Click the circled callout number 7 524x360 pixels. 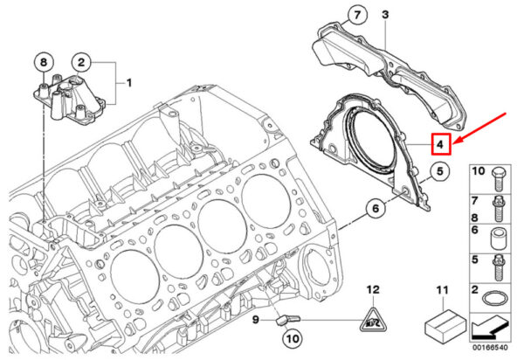tap(357, 15)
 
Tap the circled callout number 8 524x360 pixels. tap(44, 62)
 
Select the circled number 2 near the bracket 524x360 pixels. tap(81, 62)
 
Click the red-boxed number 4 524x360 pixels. tap(441, 144)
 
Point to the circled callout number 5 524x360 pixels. tap(440, 171)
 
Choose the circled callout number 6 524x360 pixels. tap(376, 208)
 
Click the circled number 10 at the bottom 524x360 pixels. tap(293, 339)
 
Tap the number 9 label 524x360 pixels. tap(256, 320)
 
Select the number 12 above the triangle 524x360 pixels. tap(373, 289)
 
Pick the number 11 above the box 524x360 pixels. tap(443, 290)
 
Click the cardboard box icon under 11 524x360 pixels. tap(445, 324)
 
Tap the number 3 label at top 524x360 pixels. tap(385, 14)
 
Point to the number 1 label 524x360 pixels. tap(129, 82)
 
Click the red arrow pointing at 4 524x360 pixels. tap(480, 128)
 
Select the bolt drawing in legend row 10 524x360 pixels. tap(499, 179)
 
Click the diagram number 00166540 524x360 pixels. tap(490, 348)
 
